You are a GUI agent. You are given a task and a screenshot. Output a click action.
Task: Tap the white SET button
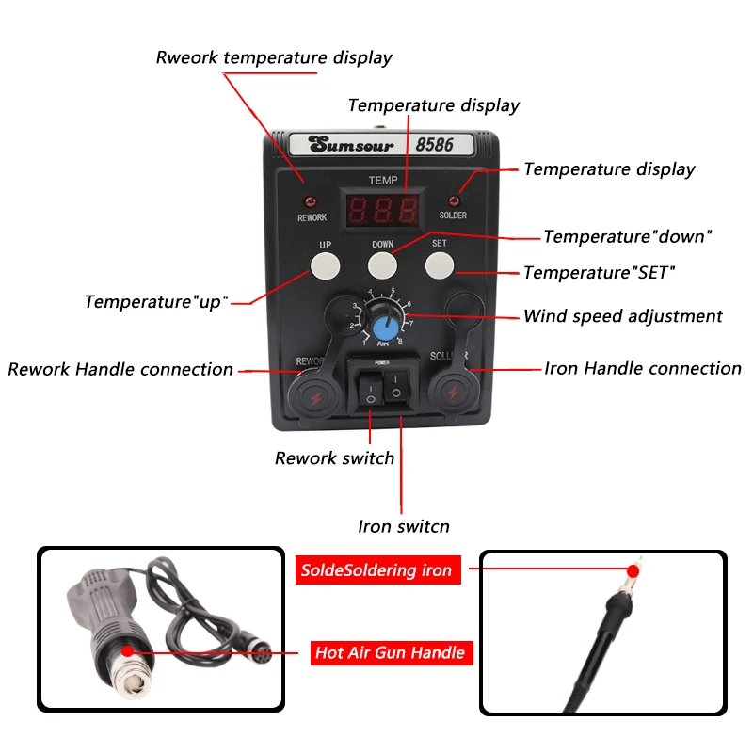(440, 264)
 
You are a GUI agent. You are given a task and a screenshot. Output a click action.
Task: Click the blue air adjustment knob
(383, 328)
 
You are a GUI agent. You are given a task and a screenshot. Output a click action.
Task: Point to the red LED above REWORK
(312, 201)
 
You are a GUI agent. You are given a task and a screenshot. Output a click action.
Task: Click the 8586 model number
(434, 146)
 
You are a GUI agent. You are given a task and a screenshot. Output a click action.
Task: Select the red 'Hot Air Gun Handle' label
(390, 652)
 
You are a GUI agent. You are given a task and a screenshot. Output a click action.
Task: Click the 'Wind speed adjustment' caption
(622, 316)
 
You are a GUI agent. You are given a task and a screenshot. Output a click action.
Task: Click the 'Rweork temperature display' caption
(273, 57)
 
